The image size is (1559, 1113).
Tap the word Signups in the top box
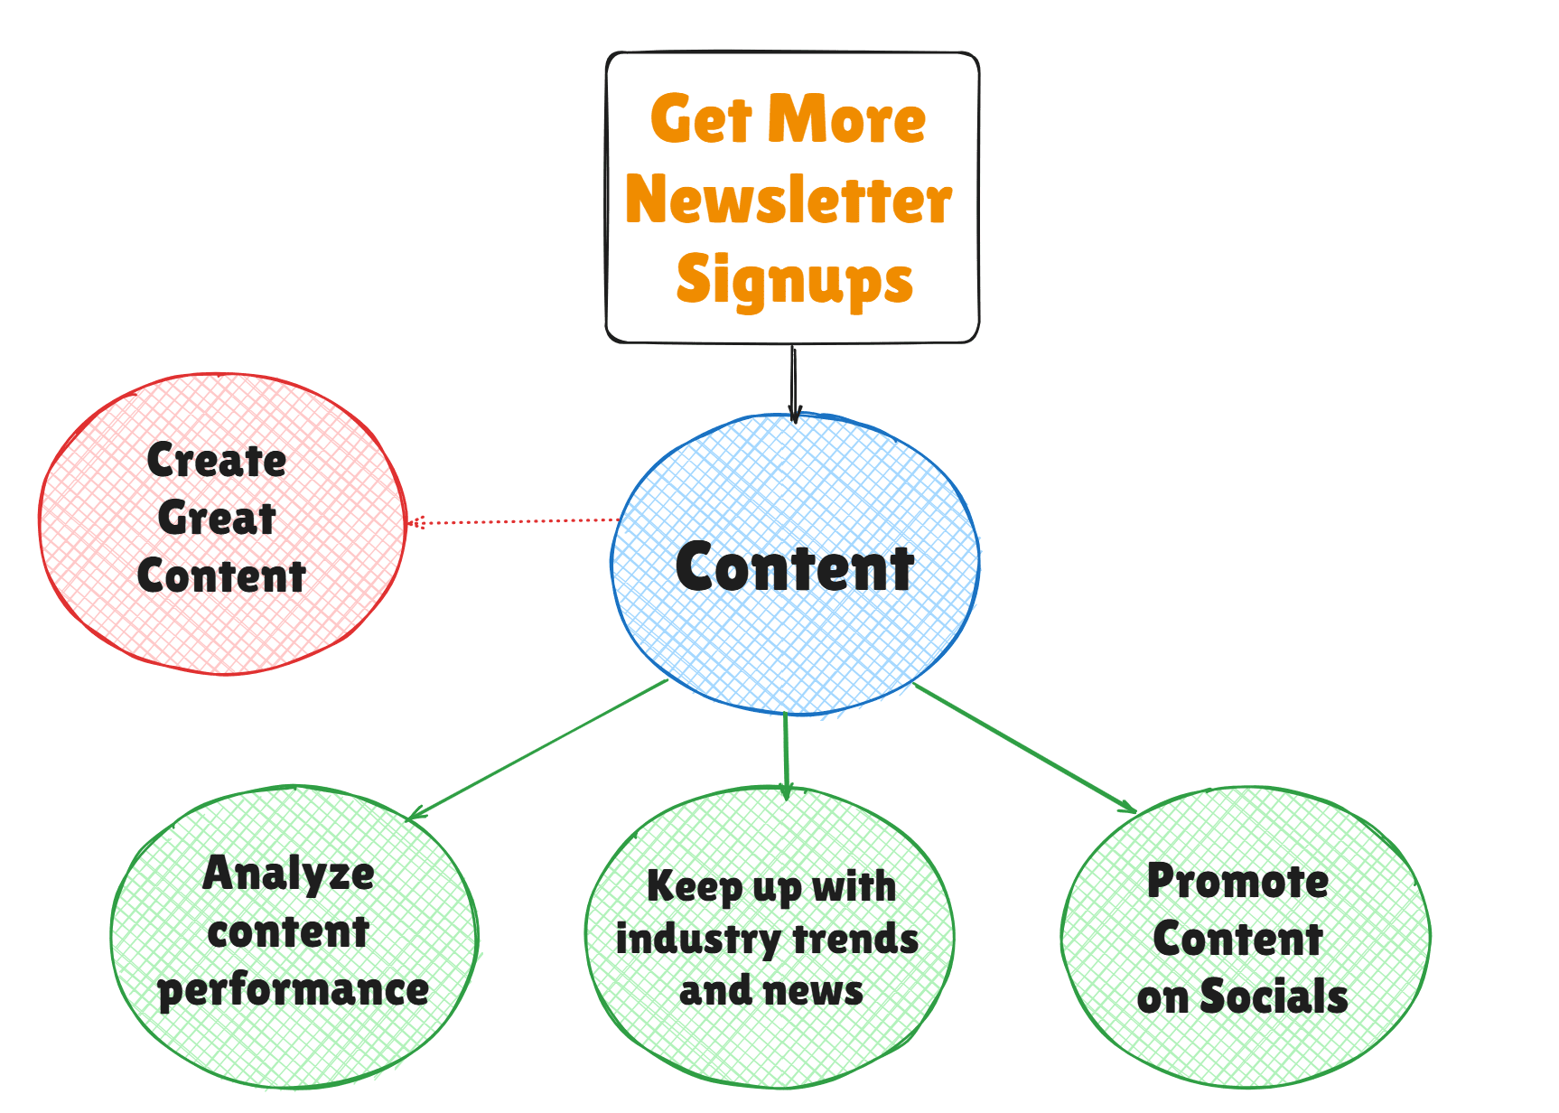pos(794,279)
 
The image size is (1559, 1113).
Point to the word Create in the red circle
pos(217,461)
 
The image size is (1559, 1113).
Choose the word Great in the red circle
pos(217,518)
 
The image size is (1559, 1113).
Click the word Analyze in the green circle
pos(289,874)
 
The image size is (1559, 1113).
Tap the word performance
pos(294,990)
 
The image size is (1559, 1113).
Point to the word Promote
pos(1237,881)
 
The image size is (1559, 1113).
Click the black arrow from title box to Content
pos(794,384)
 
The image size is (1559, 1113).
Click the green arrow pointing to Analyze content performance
pos(538,749)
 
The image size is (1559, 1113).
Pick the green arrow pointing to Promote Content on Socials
pos(1024,747)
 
